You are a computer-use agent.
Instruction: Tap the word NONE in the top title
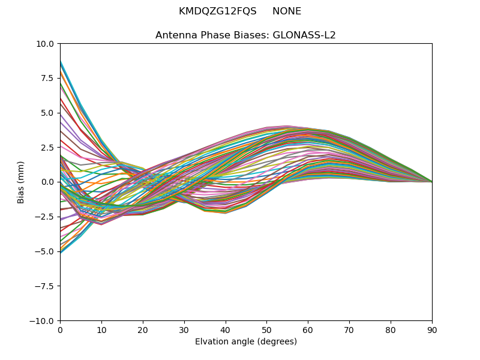coord(287,11)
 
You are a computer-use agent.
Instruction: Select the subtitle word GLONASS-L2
coord(304,35)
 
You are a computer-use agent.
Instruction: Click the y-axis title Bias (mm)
coord(21,182)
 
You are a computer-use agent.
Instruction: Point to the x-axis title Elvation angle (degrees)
coord(246,342)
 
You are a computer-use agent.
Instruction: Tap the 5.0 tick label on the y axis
coord(48,113)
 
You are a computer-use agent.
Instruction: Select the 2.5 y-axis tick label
coord(48,148)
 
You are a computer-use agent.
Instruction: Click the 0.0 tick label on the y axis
coord(48,182)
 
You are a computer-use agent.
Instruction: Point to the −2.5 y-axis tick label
coord(45,217)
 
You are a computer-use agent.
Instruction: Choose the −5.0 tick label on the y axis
coord(45,251)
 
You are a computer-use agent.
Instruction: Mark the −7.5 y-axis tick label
coord(45,286)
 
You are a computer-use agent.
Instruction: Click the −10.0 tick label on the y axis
coord(43,321)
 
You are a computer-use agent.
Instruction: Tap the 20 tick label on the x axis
coord(143,330)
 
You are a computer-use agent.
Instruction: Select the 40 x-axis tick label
coord(226,330)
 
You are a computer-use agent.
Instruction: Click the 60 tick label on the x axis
coord(308,330)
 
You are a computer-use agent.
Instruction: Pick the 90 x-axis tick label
coord(432,330)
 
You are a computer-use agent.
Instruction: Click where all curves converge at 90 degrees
coord(431,182)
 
